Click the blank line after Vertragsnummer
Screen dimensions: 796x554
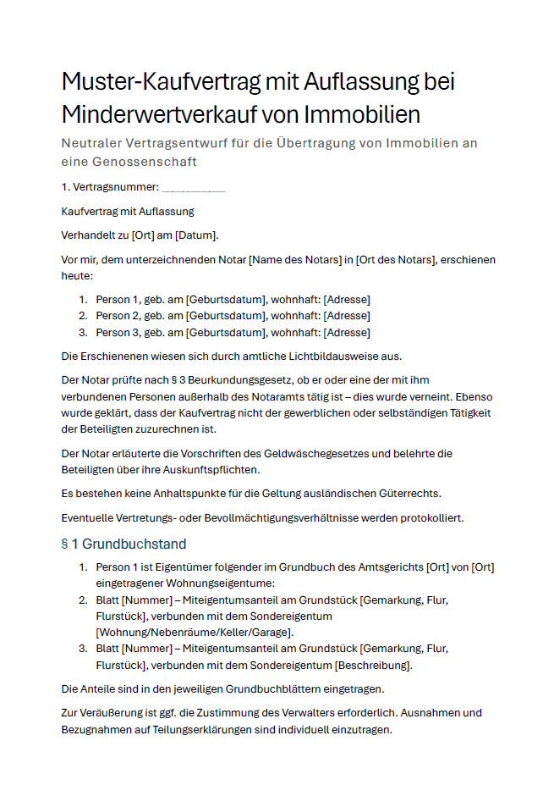193,187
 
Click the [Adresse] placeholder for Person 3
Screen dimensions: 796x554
347,333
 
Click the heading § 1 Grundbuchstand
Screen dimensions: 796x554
123,544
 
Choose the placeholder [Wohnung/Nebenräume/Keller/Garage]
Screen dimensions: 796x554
195,632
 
